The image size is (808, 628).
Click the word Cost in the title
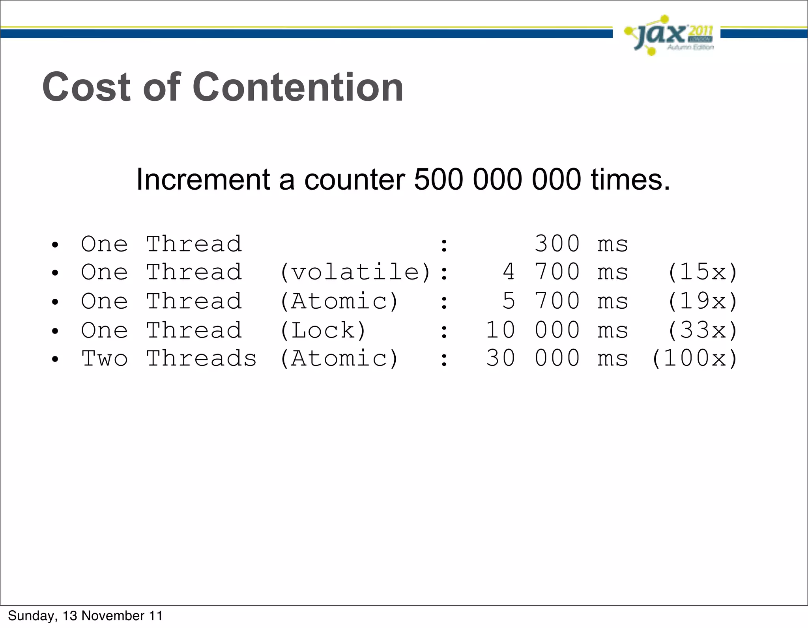click(x=86, y=87)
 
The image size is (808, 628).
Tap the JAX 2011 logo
click(x=669, y=35)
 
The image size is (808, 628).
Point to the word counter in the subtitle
click(x=354, y=180)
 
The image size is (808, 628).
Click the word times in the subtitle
click(x=630, y=180)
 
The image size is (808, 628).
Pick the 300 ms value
click(x=581, y=244)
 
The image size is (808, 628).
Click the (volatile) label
click(x=355, y=272)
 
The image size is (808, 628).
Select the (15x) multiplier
click(x=702, y=272)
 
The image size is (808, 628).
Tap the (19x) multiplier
click(x=702, y=302)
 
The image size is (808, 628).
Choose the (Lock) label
click(x=323, y=330)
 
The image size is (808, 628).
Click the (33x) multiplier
click(x=702, y=330)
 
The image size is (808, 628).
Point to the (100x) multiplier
click(x=694, y=359)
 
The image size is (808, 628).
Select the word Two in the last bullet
click(x=105, y=359)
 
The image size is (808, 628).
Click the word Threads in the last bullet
click(x=201, y=359)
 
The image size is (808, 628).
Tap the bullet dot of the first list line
click(x=55, y=245)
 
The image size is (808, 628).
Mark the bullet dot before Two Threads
click(x=55, y=360)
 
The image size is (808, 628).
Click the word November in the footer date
click(x=113, y=616)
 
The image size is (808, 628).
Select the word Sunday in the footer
click(x=32, y=616)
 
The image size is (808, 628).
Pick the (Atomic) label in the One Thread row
click(x=339, y=302)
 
